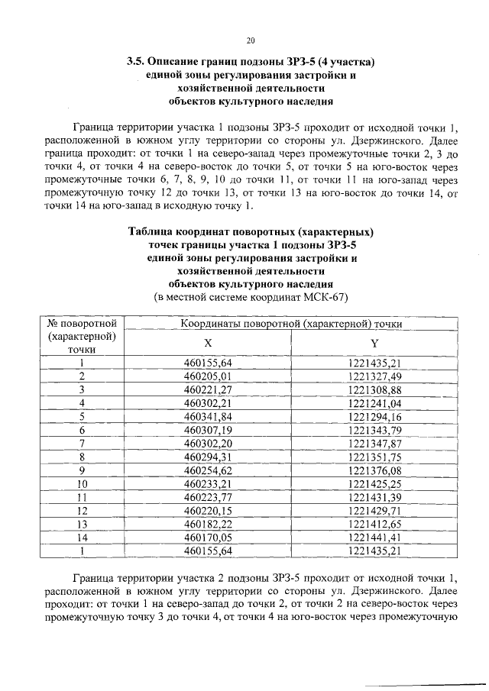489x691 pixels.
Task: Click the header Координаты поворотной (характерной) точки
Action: [x=291, y=324]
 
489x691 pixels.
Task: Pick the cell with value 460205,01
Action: [x=208, y=376]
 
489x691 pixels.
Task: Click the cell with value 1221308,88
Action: [x=374, y=389]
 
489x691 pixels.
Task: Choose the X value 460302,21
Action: [x=208, y=402]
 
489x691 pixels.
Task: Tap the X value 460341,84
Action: [x=208, y=416]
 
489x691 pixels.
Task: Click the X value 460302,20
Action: [x=208, y=443]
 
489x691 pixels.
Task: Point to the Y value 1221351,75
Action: [x=374, y=457]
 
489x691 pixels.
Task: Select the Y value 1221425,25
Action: [x=374, y=483]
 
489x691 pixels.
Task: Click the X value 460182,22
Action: [x=208, y=524]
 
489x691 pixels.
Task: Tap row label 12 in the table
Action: [x=82, y=510]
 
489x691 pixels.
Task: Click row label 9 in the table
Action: [x=82, y=470]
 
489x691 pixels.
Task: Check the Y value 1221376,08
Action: [x=374, y=470]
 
